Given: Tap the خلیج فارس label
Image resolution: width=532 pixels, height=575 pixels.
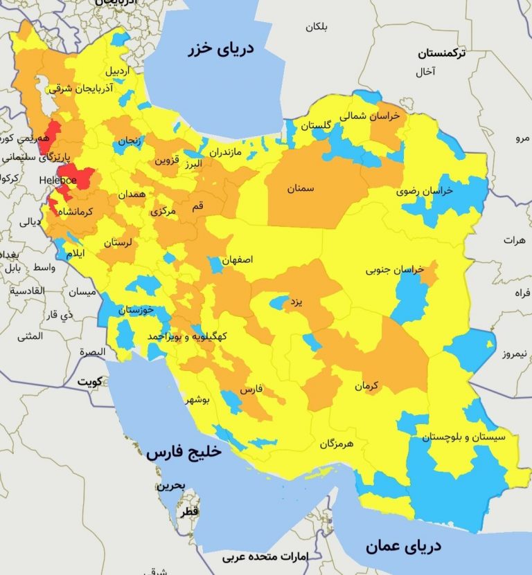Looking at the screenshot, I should pos(183,453).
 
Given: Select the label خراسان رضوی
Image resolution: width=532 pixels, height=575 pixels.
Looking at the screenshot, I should pos(424,191).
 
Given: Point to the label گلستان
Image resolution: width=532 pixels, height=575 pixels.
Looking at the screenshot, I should pos(315,125).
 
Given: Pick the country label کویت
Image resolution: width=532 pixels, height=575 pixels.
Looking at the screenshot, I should pos(89,381).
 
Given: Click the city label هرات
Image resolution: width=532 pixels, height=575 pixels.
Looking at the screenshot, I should pos(515,240).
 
